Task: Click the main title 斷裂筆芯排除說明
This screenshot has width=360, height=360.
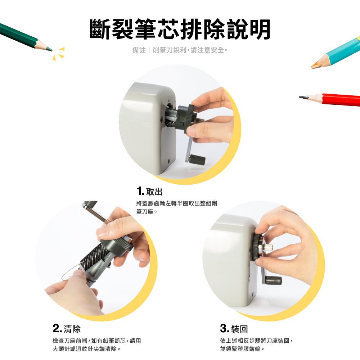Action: [180, 29]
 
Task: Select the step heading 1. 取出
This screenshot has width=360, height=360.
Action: [149, 191]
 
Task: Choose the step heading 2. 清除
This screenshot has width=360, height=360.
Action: [67, 329]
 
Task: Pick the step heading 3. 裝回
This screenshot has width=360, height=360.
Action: [234, 329]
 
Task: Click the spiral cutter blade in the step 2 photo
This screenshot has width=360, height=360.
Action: [94, 255]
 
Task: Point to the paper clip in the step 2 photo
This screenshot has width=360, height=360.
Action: [70, 273]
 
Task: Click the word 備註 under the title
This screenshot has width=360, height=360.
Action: [139, 50]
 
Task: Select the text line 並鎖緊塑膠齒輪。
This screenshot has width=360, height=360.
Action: [242, 349]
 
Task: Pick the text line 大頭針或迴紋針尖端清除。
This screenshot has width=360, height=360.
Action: [86, 349]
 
